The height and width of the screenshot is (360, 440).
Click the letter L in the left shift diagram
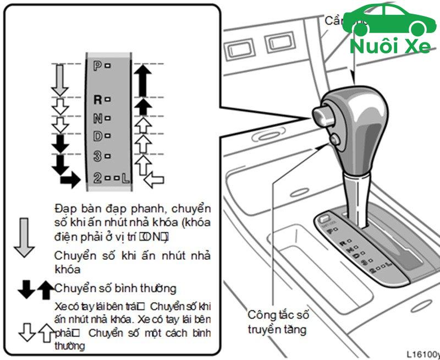pyautogui.click(x=126, y=178)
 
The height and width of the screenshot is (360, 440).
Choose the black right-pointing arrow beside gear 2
pyautogui.click(x=70, y=179)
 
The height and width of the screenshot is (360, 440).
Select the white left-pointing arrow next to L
pyautogui.click(x=153, y=179)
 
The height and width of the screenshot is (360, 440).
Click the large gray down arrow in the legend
pyautogui.click(x=24, y=237)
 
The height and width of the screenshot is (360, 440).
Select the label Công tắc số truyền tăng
pyautogui.click(x=278, y=322)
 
